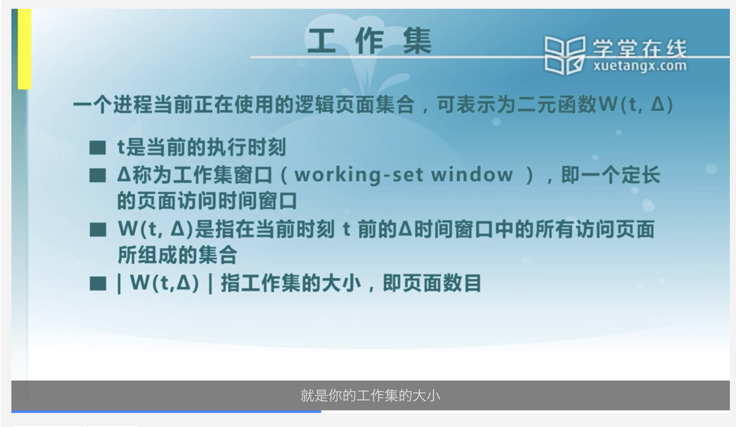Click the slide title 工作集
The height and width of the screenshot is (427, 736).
[369, 41]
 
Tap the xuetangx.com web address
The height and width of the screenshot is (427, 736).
[640, 66]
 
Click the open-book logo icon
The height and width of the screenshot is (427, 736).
[565, 55]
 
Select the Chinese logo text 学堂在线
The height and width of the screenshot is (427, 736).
[640, 48]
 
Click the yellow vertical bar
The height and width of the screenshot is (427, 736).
[25, 49]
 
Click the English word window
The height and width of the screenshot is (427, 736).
[472, 174]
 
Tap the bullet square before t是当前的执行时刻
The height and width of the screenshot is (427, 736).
[98, 148]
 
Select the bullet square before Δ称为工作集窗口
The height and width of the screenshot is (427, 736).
[98, 175]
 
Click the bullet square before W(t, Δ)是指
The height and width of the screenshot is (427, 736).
[98, 229]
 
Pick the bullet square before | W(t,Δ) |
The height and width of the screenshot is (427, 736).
[98, 283]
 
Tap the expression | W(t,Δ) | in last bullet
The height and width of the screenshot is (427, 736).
[165, 283]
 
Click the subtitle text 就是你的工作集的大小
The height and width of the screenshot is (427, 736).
[370, 395]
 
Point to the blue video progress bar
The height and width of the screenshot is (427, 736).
[166, 412]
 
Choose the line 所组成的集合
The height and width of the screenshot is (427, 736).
[177, 255]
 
